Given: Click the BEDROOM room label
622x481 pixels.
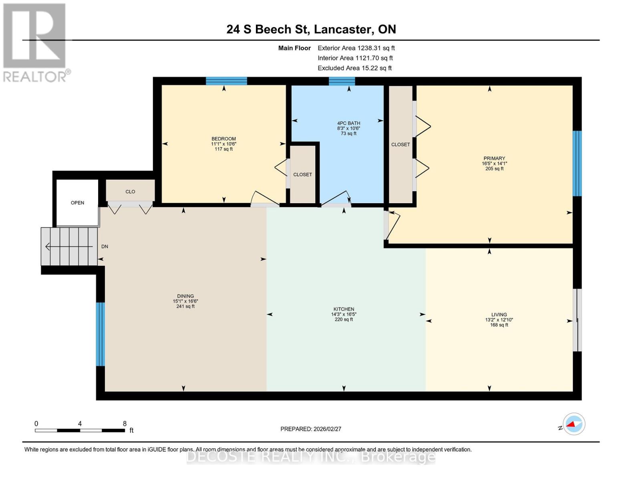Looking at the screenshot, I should tap(223, 139).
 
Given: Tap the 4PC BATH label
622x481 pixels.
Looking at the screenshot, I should tap(348, 123).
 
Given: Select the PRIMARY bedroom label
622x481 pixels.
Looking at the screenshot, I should tap(494, 158).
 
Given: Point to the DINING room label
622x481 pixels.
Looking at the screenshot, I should tap(185, 296).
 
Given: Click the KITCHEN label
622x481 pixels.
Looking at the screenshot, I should tap(344, 309).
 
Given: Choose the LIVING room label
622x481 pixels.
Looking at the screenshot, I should tap(499, 315).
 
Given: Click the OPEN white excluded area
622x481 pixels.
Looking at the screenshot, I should tap(77, 202).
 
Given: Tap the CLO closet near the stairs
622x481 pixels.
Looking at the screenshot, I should tap(130, 191).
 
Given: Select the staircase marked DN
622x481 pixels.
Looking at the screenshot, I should tap(70, 246).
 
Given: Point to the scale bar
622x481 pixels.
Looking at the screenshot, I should tap(80, 430).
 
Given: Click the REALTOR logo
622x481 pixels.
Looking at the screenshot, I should tap(35, 42).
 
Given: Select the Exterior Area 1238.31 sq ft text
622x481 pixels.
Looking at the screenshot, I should tap(356, 48).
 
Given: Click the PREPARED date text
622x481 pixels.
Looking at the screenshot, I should tap(310, 429).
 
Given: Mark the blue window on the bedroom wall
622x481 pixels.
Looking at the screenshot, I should tap(226, 81).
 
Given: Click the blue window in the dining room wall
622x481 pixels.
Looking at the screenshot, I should tap(100, 334).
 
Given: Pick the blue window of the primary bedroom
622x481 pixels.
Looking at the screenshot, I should tap(577, 163).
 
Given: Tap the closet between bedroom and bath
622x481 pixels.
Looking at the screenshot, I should tap(303, 174).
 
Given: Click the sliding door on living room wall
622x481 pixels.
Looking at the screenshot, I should tap(577, 320).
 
